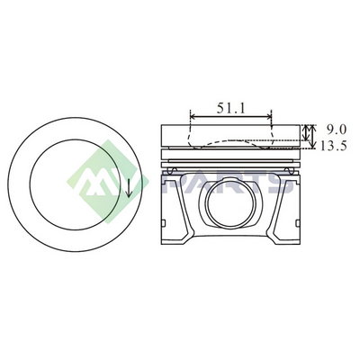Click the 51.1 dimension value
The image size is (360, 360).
(231, 108)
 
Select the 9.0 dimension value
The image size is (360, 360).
(337, 130)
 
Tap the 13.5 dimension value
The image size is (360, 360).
(333, 146)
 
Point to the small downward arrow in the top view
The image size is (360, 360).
(129, 188)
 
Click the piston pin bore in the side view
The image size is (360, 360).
(230, 205)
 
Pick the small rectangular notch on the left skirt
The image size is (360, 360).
(163, 223)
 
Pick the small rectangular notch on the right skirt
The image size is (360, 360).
(298, 223)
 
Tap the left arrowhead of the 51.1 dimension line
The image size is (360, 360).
(193, 116)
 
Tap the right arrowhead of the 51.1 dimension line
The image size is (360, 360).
(268, 116)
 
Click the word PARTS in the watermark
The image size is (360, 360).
(227, 184)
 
